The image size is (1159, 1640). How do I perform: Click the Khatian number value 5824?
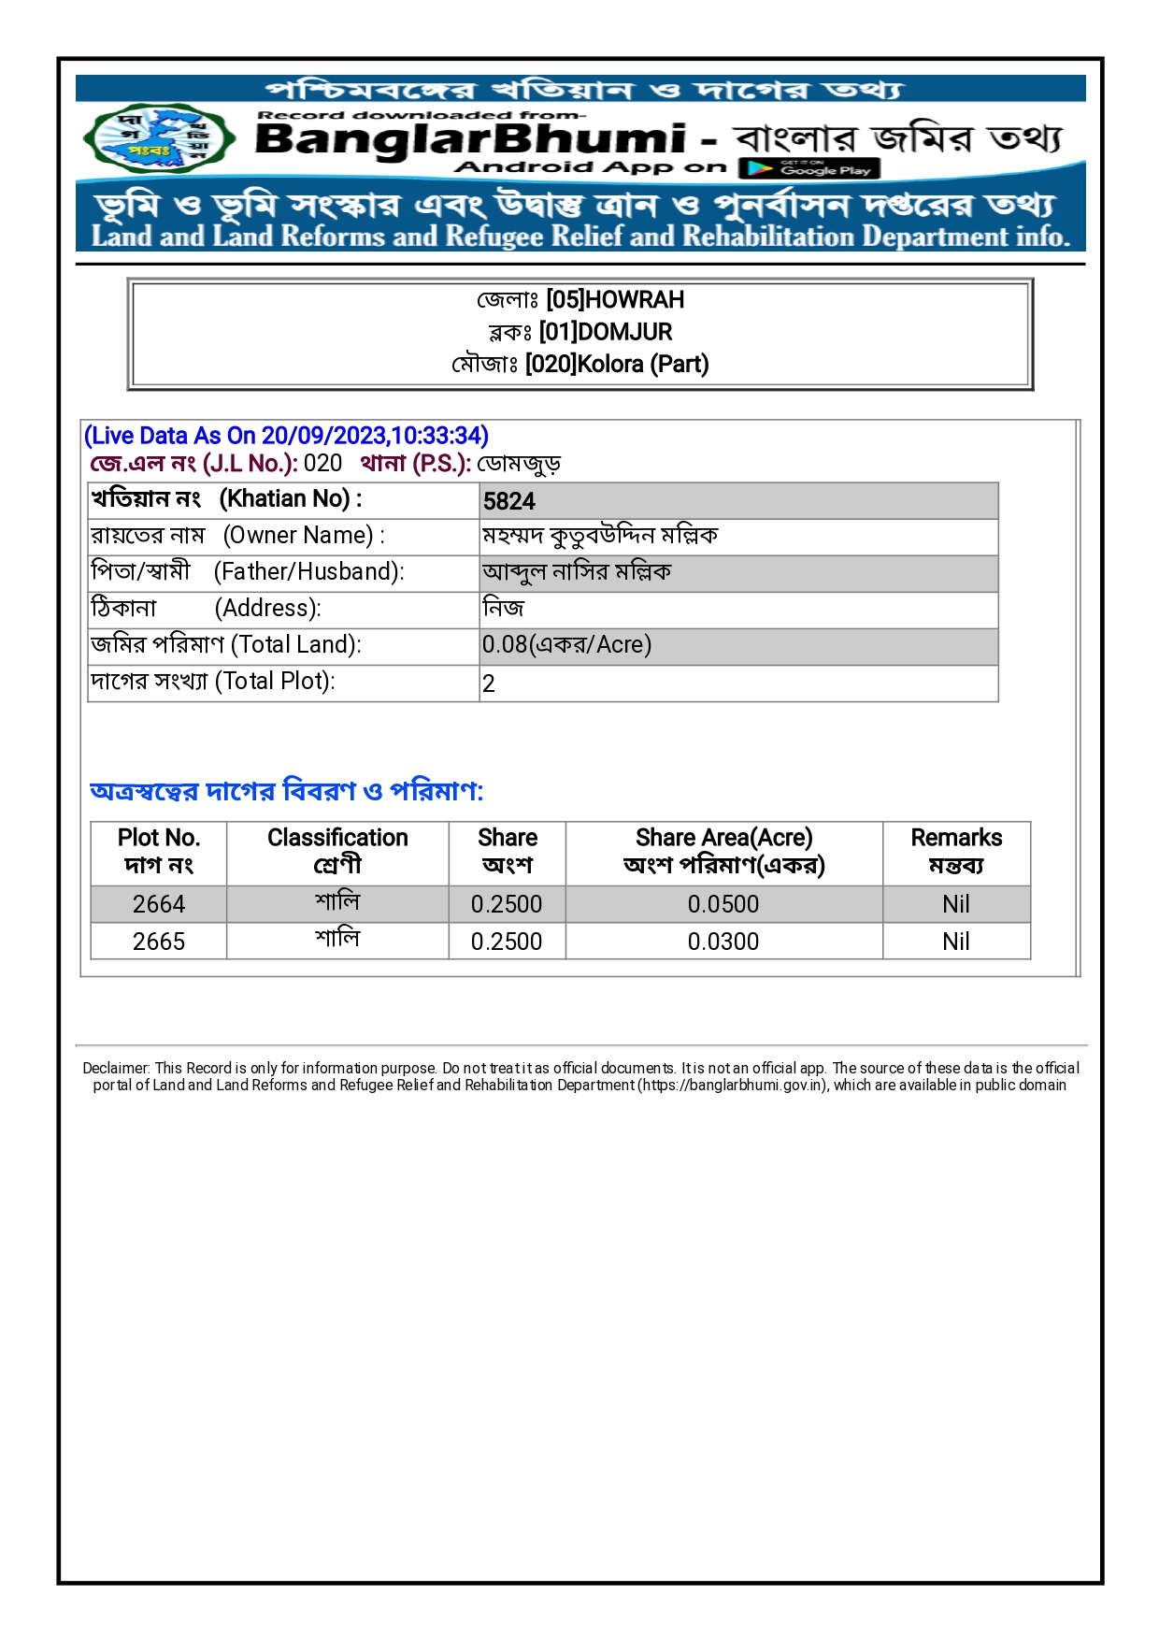(509, 501)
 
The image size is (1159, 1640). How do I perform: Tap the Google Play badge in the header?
(809, 168)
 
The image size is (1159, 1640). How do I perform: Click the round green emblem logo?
(154, 138)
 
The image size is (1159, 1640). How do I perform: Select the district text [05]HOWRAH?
(615, 300)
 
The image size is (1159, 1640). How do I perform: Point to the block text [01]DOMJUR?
(606, 332)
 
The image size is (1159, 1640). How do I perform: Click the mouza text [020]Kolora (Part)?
(617, 364)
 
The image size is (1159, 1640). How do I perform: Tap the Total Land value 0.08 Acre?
(566, 645)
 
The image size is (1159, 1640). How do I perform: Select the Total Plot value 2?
(489, 683)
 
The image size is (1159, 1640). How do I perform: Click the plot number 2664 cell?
(159, 904)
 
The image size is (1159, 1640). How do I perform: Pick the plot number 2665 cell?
(159, 942)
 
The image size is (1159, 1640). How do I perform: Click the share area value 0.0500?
(723, 904)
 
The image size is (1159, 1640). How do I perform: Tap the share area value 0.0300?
(723, 942)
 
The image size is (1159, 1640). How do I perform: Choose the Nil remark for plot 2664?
(956, 904)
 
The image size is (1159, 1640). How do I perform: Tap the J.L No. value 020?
(322, 464)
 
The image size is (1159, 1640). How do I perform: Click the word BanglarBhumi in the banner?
(470, 139)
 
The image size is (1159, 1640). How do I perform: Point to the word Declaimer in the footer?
(116, 1068)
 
